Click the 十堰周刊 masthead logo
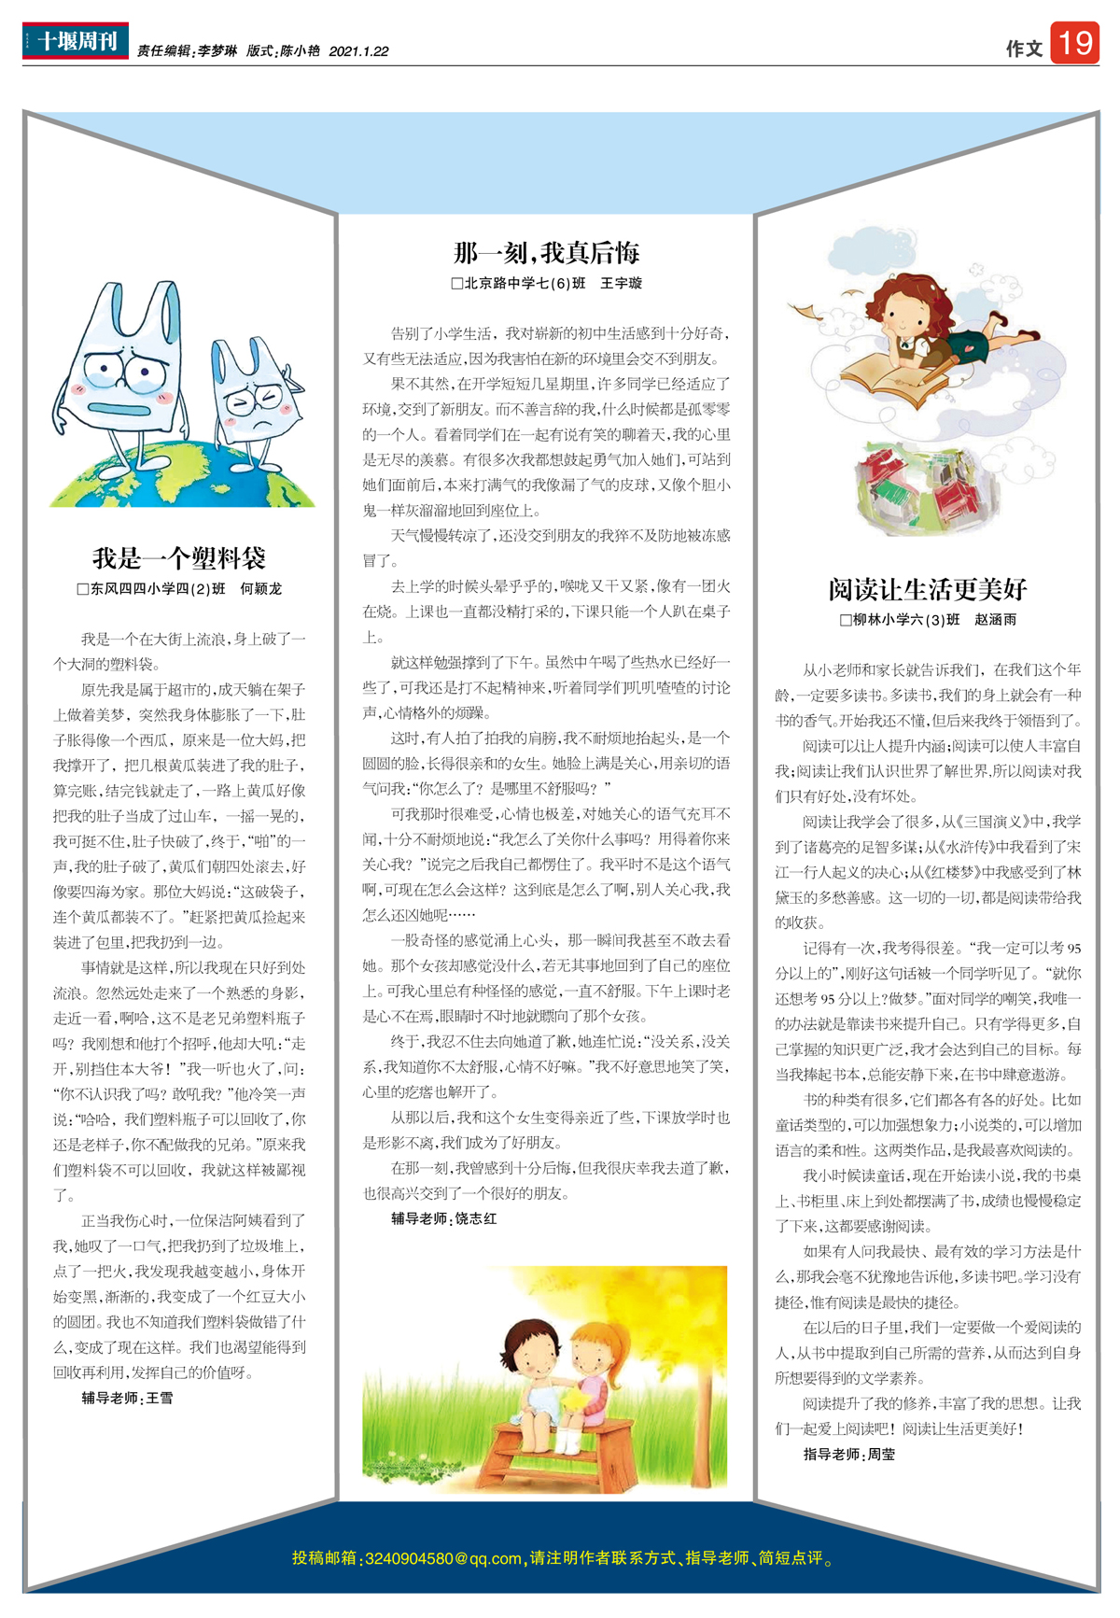coord(76,41)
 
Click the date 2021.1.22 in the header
coord(358,52)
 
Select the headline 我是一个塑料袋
coord(179,558)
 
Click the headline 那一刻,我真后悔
coord(546,252)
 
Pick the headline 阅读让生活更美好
coord(927,589)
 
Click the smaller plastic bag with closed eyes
coord(255,392)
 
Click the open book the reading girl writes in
coord(891,378)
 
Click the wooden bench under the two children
coord(551,1442)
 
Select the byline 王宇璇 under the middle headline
coord(621,283)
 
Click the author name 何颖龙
coord(261,589)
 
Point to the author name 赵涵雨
coord(996,620)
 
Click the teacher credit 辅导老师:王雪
coord(127,1398)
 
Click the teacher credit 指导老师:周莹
coord(849,1454)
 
